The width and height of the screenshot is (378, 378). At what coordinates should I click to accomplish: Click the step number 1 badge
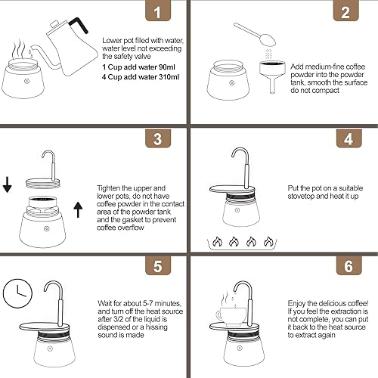click(x=157, y=14)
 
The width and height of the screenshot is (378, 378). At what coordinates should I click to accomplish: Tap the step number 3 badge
click(x=157, y=139)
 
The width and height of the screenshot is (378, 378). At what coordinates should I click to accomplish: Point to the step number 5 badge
click(x=157, y=265)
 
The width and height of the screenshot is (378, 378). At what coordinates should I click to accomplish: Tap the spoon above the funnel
click(x=250, y=33)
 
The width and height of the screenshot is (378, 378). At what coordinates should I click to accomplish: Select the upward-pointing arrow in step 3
click(x=79, y=208)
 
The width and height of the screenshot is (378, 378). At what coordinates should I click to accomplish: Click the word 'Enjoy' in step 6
click(x=301, y=300)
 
